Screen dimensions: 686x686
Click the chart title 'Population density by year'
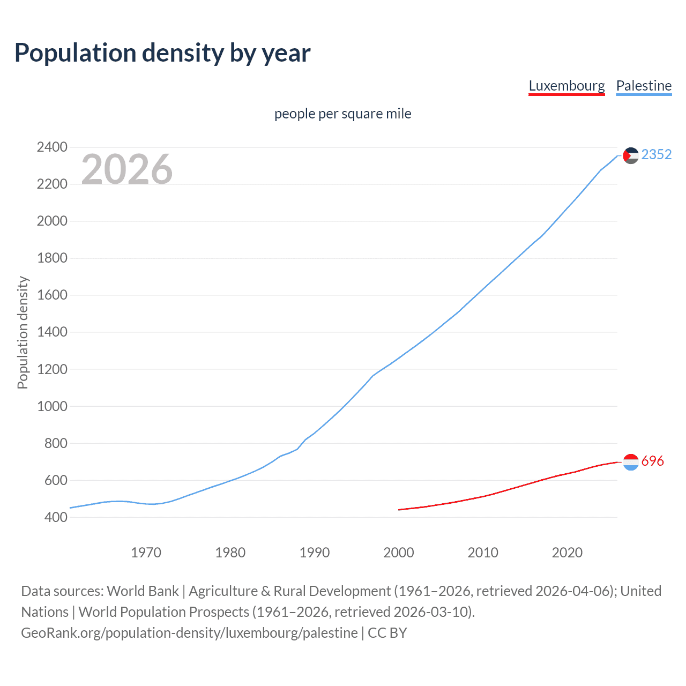tap(162, 53)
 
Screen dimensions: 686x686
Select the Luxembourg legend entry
tap(566, 86)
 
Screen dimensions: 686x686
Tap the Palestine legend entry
tap(644, 86)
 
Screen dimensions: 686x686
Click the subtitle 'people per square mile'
tap(342, 114)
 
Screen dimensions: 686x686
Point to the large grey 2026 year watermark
tap(127, 169)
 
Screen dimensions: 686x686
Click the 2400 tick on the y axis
tap(52, 147)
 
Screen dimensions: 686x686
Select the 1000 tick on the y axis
tap(52, 406)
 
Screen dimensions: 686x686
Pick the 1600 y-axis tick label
tap(52, 295)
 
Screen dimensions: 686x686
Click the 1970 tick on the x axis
tap(146, 553)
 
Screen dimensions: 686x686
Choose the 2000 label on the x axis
tap(399, 553)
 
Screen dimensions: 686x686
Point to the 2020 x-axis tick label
tap(567, 553)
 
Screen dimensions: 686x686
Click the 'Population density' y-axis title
tap(23, 332)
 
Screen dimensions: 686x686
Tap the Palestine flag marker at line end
tap(631, 155)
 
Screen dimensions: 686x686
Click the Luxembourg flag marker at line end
tap(631, 461)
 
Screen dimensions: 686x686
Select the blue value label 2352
tap(656, 154)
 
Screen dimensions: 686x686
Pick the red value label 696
tap(652, 461)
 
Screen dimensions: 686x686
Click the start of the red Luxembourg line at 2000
tap(399, 510)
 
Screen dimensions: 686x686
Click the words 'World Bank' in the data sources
tap(143, 591)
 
